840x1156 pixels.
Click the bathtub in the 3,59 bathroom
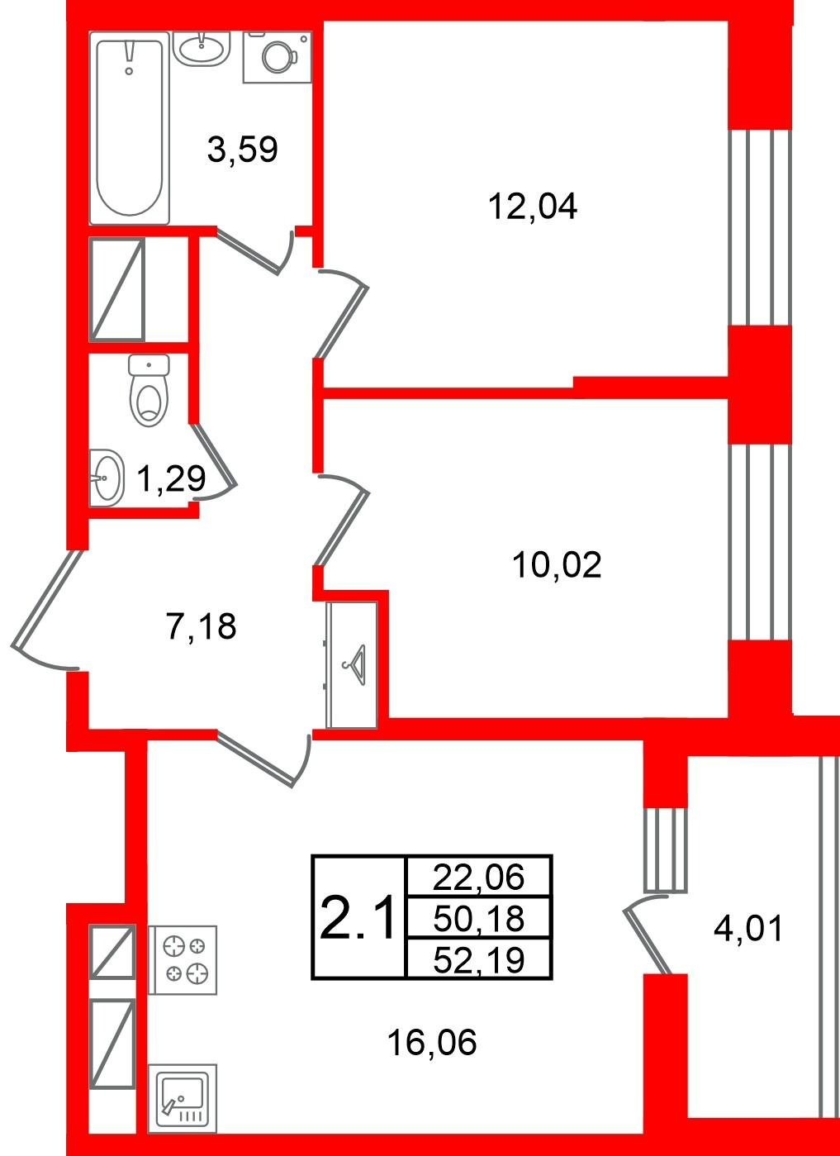(130, 128)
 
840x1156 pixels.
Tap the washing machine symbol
(278, 57)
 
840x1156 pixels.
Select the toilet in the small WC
(149, 390)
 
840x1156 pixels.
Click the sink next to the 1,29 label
(107, 478)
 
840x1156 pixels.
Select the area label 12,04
(533, 207)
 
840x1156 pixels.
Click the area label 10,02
(557, 565)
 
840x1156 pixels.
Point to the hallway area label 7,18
(202, 626)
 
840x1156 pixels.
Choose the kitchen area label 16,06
(432, 1042)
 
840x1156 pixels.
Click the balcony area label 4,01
(748, 928)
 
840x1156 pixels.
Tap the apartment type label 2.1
(358, 919)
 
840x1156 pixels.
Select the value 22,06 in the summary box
(479, 877)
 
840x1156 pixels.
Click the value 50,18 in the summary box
(479, 919)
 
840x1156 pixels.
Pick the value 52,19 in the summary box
(479, 960)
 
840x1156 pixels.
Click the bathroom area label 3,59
(243, 149)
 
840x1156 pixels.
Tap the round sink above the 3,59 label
(201, 48)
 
